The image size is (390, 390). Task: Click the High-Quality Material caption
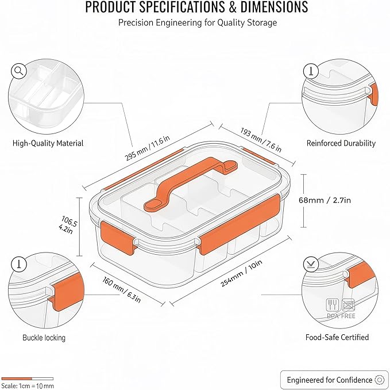tap(48, 143)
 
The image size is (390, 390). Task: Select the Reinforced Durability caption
tap(341, 143)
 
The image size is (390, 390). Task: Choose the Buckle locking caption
tap(44, 338)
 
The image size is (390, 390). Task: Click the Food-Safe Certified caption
tap(337, 337)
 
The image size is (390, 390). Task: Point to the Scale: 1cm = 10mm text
tap(27, 385)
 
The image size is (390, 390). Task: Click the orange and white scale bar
tap(27, 378)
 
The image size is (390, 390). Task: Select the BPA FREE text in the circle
tap(341, 316)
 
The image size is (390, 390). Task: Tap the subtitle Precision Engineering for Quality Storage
tap(197, 22)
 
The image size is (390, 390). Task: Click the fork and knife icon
tap(332, 304)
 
